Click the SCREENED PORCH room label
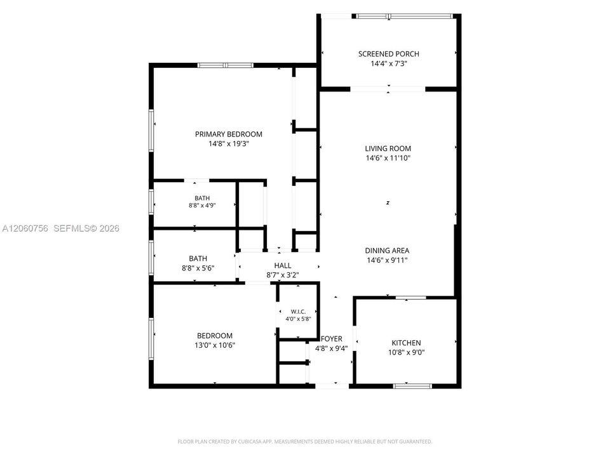coord(389,54)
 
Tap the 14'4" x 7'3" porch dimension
coord(389,63)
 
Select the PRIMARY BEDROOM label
coord(228,134)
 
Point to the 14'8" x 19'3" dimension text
coord(228,144)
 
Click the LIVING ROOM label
coord(388,149)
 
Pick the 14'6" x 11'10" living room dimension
coord(388,158)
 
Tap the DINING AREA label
coord(387,251)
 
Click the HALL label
coord(282,265)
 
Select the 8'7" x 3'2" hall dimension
coord(282,275)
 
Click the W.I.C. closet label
coord(298,312)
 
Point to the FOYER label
coord(332,339)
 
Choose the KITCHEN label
coord(406,343)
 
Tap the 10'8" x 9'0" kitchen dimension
coord(406,352)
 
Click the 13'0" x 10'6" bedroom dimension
coord(215,345)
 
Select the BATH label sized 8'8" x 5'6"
coord(198,258)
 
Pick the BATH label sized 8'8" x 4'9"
coord(202,198)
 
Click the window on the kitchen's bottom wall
coord(413,386)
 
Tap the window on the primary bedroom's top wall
coord(225,65)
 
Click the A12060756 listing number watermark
coord(25,228)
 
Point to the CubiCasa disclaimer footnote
coord(304,442)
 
